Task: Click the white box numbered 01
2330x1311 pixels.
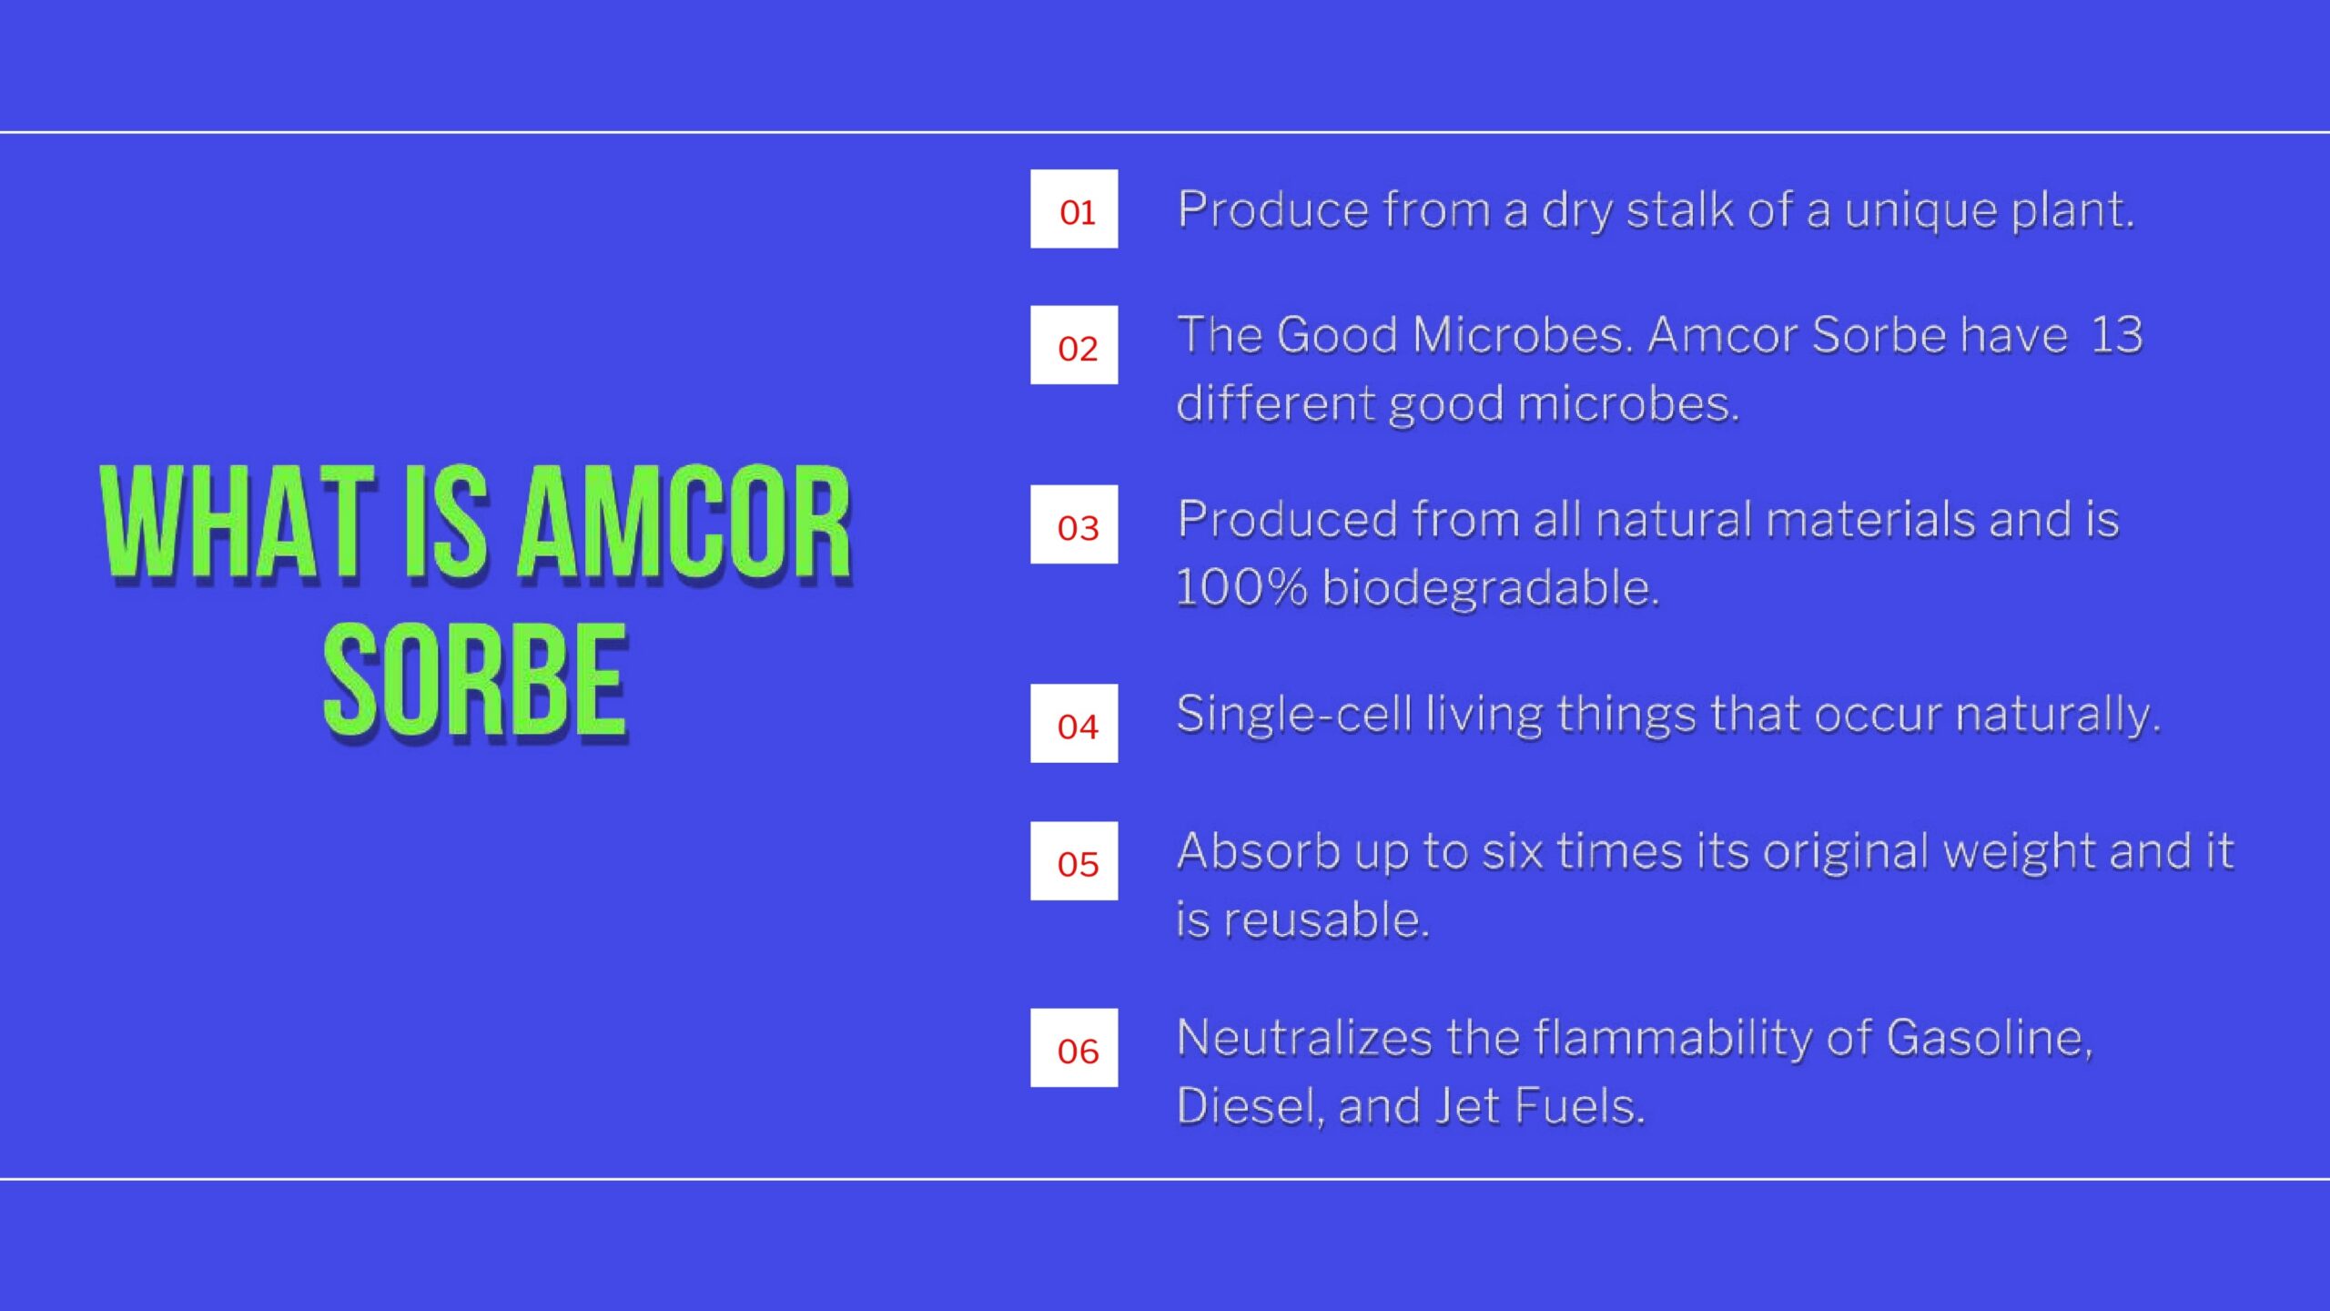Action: tap(1074, 208)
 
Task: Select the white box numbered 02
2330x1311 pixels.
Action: tap(1074, 345)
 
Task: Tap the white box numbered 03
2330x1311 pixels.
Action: tap(1074, 524)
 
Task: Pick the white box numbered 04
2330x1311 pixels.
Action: tap(1074, 723)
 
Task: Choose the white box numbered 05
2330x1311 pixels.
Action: tap(1074, 861)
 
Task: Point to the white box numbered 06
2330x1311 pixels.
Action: tap(1074, 1048)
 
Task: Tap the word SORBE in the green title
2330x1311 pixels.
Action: tap(476, 682)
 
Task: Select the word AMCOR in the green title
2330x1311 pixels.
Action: tap(684, 523)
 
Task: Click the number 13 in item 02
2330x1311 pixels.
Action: tap(2116, 334)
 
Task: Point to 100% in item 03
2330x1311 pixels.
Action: tap(1241, 587)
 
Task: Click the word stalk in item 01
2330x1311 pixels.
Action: tap(1680, 209)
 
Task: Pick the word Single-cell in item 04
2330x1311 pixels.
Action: tap(1294, 713)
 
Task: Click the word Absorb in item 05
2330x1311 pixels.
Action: tap(1258, 851)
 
